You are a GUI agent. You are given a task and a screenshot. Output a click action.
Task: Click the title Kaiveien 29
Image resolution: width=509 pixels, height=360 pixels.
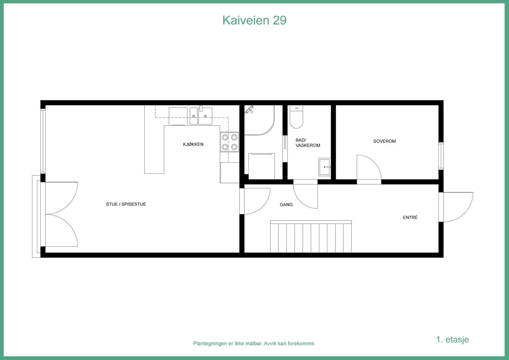254,20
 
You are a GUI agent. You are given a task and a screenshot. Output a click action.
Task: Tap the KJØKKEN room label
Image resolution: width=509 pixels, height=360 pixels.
193,144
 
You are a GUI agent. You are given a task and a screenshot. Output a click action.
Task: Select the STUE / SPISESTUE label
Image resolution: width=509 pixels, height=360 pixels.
126,204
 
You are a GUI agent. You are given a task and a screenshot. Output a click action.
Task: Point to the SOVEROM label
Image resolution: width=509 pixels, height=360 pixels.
384,141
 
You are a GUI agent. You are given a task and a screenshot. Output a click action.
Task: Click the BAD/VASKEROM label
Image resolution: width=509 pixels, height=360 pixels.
308,143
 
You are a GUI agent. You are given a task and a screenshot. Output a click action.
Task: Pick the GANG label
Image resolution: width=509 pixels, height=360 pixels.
286,205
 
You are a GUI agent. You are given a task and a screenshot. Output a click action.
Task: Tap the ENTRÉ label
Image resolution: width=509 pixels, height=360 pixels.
410,217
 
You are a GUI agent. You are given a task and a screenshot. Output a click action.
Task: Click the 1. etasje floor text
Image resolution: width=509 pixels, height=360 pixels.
452,339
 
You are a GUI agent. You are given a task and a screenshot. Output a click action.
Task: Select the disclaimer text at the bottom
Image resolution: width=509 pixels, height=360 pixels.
254,343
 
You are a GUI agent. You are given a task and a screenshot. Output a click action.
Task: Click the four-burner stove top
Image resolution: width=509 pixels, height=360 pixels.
229,142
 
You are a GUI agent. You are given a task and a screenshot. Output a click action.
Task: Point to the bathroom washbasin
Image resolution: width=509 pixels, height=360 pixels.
325,166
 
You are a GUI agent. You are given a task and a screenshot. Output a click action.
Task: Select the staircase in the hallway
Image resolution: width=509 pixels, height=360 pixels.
311,237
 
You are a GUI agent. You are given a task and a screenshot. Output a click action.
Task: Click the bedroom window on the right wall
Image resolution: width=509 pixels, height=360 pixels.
441,156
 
